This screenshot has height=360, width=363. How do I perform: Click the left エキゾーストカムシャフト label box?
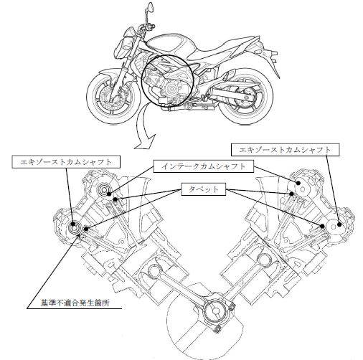point(66,162)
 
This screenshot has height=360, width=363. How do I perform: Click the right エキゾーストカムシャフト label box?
point(285,150)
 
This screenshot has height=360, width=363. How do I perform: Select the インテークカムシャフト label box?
point(203,166)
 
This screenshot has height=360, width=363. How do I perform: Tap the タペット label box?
point(204,189)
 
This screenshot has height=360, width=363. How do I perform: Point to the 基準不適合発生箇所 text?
point(75,303)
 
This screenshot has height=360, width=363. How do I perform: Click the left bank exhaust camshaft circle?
point(75,227)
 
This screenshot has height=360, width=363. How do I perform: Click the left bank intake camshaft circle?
point(104,190)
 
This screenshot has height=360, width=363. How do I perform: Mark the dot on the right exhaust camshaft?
point(339,224)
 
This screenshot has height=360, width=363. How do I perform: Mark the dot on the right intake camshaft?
point(298,183)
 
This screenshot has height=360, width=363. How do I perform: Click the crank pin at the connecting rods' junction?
point(215,311)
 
